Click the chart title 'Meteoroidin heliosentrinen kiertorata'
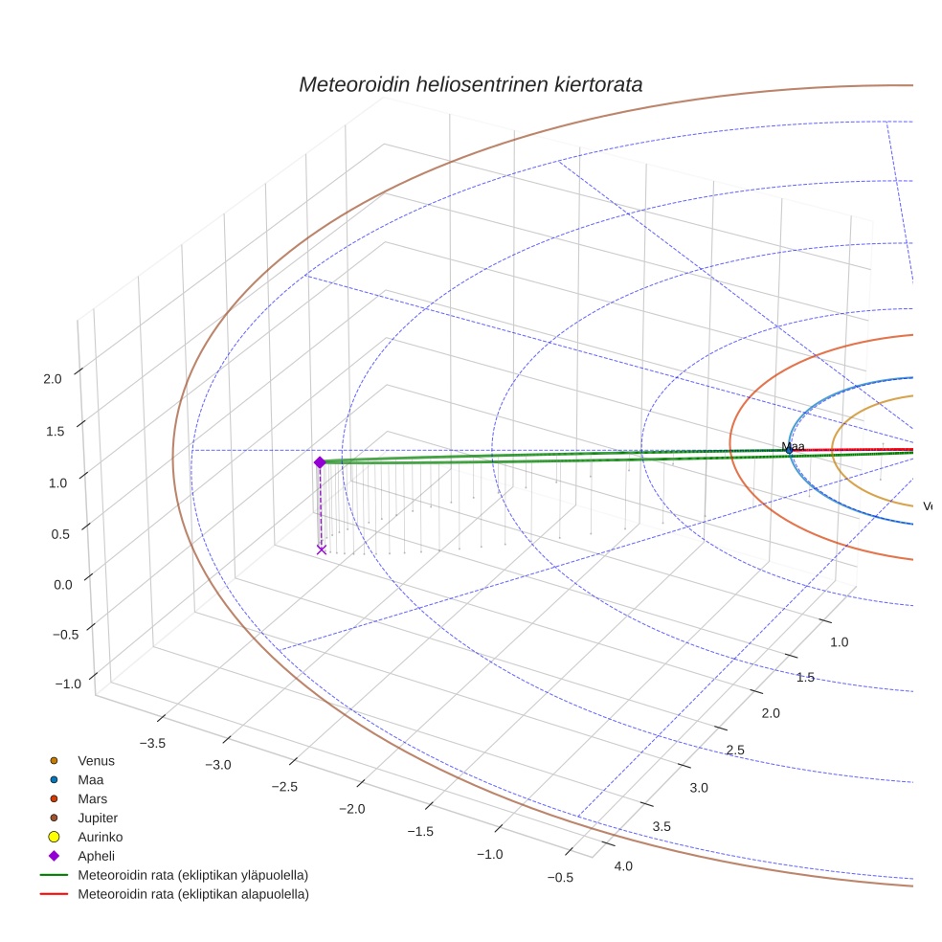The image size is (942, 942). (470, 84)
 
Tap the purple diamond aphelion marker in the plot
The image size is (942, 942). (320, 462)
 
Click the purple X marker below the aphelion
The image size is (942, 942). (322, 549)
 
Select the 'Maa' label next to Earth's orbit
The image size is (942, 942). (793, 446)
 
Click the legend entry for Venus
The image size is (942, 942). (96, 761)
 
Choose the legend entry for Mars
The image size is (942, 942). (92, 798)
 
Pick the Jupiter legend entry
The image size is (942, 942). (98, 818)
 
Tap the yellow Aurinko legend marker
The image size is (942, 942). (54, 837)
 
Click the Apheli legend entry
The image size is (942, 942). (96, 856)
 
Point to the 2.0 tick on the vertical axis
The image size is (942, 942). (53, 378)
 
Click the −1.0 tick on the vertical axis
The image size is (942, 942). (67, 684)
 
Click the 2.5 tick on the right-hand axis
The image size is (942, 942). (735, 750)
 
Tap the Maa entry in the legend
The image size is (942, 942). (90, 780)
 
